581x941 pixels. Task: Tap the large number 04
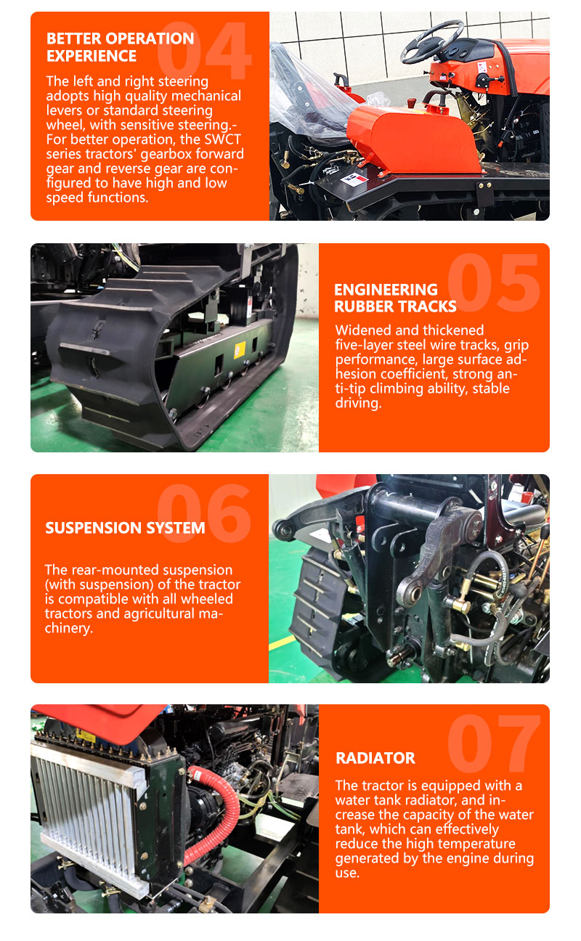tap(204, 50)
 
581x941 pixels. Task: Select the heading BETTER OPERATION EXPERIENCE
tap(120, 47)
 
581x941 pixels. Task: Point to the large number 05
tap(494, 282)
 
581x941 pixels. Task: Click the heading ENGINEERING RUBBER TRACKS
tap(395, 298)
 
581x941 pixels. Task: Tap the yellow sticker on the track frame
tap(240, 349)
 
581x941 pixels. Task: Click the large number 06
tap(204, 513)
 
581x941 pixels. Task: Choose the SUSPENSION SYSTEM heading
tap(125, 528)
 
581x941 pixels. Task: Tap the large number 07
tap(494, 744)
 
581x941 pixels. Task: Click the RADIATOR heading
tap(375, 758)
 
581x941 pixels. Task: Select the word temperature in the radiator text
tap(476, 844)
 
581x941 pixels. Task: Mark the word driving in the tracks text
tap(358, 403)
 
